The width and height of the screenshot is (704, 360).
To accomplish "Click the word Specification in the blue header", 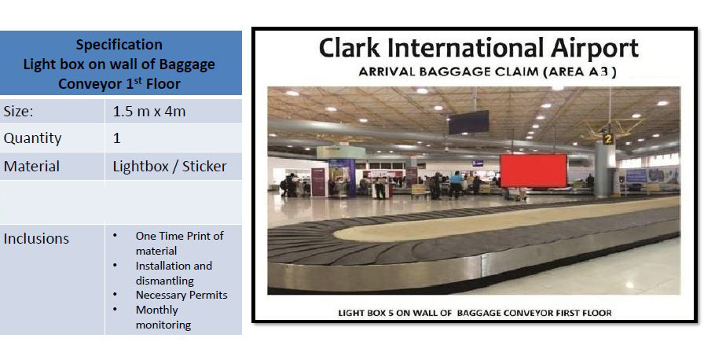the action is pyautogui.click(x=119, y=45).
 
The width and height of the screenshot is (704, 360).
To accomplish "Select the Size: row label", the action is pyautogui.click(x=18, y=112).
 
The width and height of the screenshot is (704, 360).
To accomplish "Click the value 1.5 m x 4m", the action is pyautogui.click(x=149, y=112).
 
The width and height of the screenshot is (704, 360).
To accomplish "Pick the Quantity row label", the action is pyautogui.click(x=32, y=138).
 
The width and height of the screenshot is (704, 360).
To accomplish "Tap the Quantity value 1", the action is pyautogui.click(x=117, y=138).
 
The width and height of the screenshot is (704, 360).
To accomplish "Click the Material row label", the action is pyautogui.click(x=31, y=167).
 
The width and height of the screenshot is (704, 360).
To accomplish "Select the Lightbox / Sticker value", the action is pyautogui.click(x=170, y=167).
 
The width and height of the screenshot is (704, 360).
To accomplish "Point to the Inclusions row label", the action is pyautogui.click(x=36, y=238).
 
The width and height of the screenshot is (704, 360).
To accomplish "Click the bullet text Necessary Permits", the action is pyautogui.click(x=181, y=295).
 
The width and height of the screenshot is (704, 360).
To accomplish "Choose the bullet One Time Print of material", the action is pyautogui.click(x=179, y=244).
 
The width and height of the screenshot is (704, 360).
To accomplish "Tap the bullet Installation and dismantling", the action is pyautogui.click(x=174, y=273).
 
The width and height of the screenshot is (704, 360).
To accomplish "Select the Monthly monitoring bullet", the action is pyautogui.click(x=163, y=317).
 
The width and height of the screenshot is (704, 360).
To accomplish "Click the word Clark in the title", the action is pyautogui.click(x=350, y=48).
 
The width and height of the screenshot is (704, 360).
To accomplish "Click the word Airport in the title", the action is pyautogui.click(x=595, y=49).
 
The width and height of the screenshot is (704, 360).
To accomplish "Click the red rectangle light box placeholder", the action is pyautogui.click(x=533, y=171).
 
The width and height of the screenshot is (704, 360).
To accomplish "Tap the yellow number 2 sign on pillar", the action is pyautogui.click(x=608, y=138).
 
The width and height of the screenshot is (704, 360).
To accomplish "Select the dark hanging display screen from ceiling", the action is pyautogui.click(x=469, y=122).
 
